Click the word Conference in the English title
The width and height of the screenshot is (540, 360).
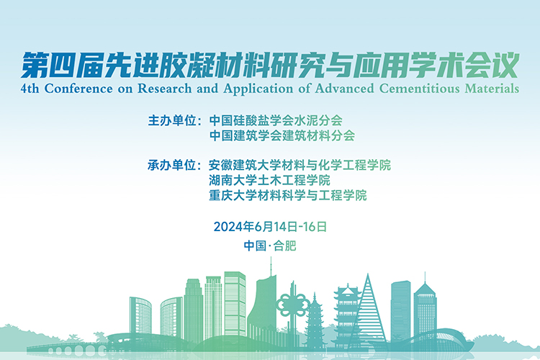[x=78, y=89]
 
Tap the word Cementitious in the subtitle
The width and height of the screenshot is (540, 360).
[x=420, y=89]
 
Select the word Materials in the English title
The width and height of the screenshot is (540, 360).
[x=492, y=89]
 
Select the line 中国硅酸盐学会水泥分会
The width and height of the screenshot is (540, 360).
[x=276, y=120]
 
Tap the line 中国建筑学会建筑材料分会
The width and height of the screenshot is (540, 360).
[x=282, y=135]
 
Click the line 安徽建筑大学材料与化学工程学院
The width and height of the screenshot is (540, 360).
[x=300, y=165]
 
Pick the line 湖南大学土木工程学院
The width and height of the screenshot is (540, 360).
[x=269, y=180]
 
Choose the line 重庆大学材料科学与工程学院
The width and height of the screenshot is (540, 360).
[x=287, y=195]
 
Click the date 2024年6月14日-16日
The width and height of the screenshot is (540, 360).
[x=270, y=227]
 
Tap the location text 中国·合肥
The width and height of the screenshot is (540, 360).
[x=270, y=246]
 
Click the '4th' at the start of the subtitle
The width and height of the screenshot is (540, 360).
[x=30, y=89]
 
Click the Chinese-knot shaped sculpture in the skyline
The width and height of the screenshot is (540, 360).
[x=294, y=305]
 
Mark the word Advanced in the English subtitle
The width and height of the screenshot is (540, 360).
[x=344, y=89]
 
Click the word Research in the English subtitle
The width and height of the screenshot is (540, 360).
[x=165, y=89]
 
